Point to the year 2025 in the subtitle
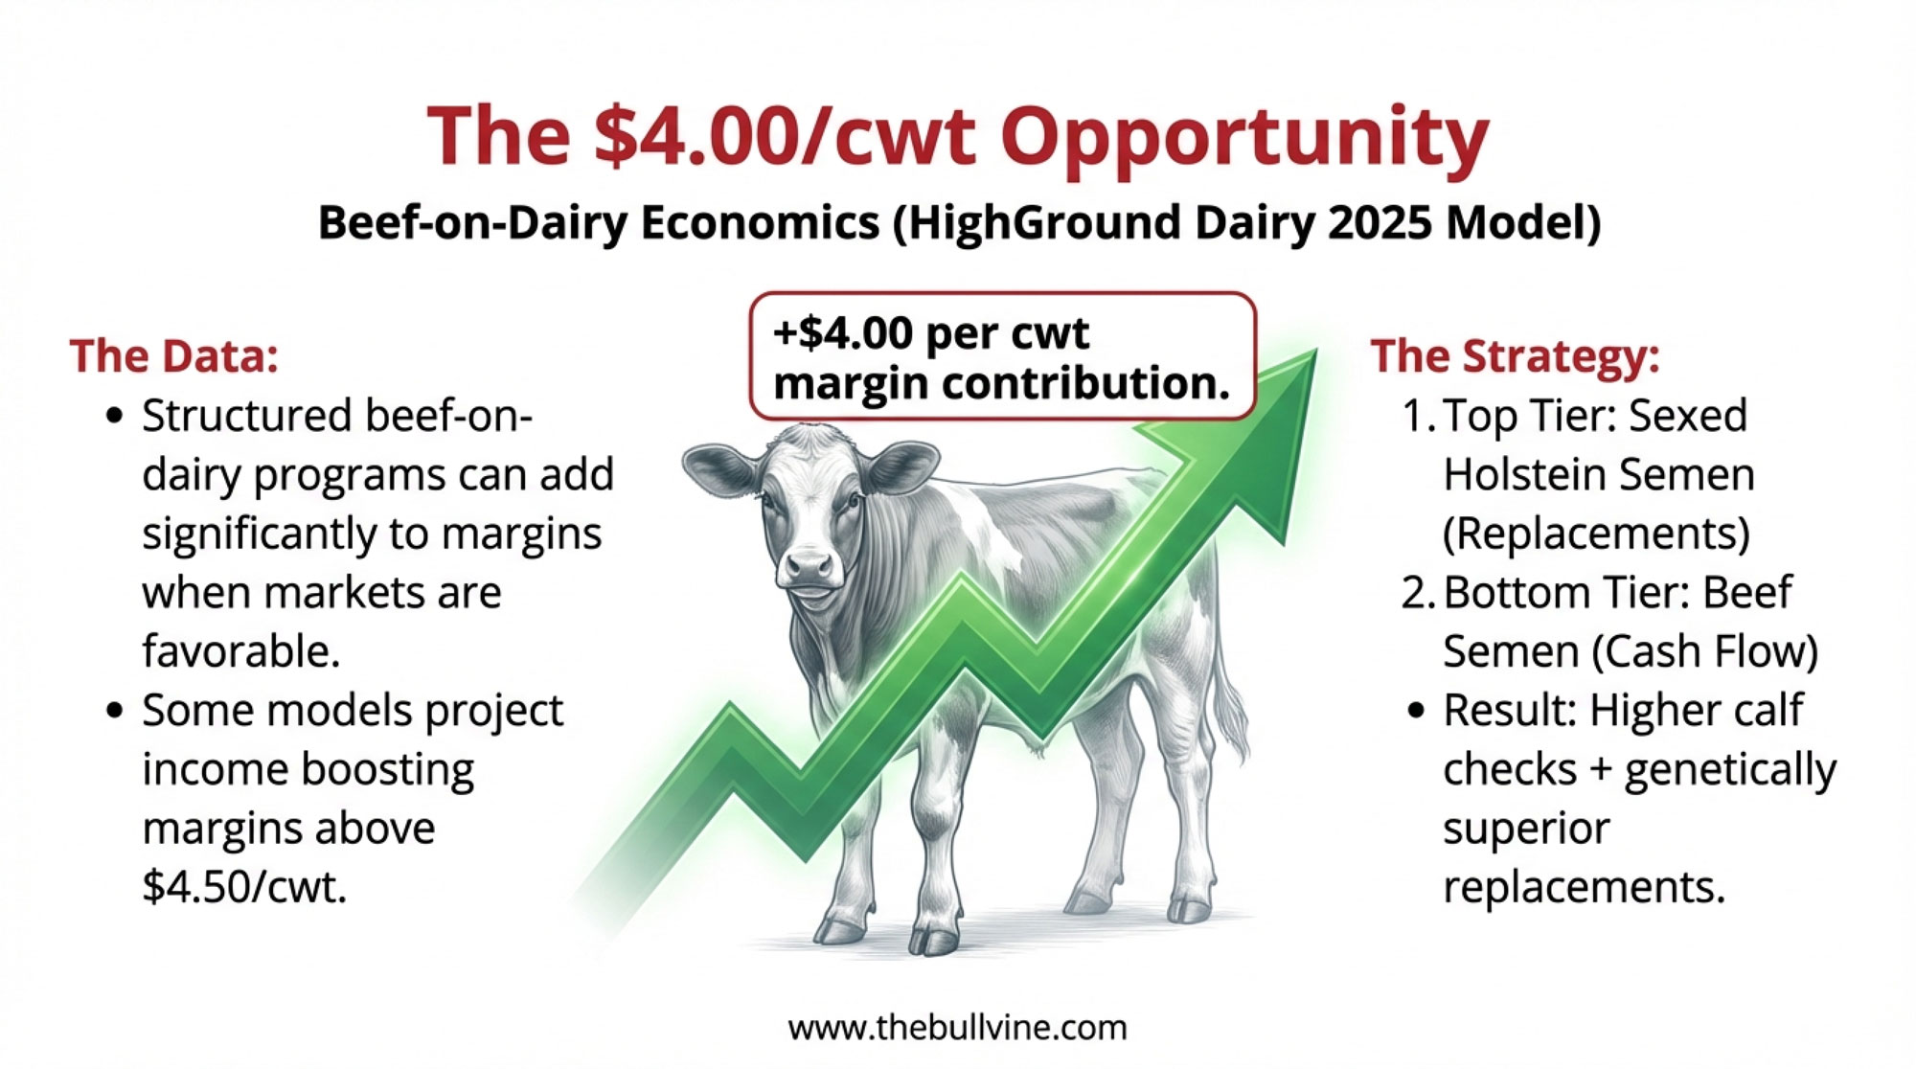(x=1380, y=222)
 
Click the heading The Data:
(x=173, y=355)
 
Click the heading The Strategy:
(x=1515, y=356)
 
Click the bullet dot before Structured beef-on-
(x=115, y=417)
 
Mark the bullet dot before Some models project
(x=115, y=712)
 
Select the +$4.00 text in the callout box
(x=842, y=333)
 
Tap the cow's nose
(x=810, y=567)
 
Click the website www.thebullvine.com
(x=957, y=1028)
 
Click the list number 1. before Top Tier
(x=1417, y=417)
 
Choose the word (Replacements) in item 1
(x=1596, y=534)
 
